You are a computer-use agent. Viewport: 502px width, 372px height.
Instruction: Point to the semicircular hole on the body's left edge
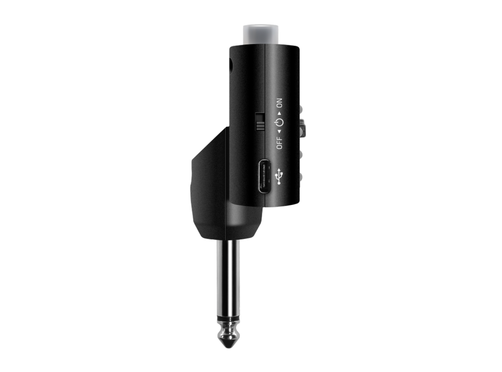(231, 66)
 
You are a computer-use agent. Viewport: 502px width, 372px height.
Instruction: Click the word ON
(279, 103)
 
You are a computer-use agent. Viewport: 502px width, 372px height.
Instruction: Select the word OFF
(279, 143)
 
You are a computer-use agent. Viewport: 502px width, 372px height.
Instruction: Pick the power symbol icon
(279, 123)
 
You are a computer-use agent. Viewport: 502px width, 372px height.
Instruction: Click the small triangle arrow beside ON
(279, 113)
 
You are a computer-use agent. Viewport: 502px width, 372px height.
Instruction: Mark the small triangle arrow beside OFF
(279, 131)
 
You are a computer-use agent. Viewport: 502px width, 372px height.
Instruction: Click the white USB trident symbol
(279, 176)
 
